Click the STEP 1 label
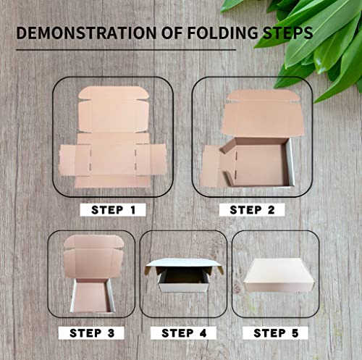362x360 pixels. pos(113,210)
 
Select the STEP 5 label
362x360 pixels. pos(275,333)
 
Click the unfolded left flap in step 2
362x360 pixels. pos(211,165)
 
